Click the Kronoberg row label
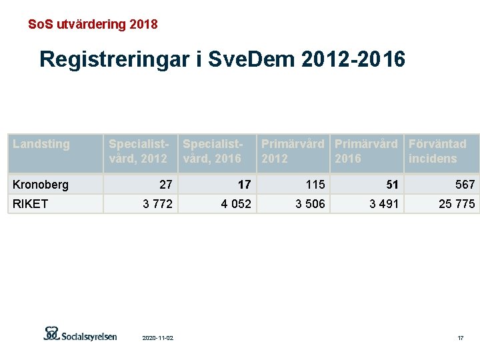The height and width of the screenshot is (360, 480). tap(40, 185)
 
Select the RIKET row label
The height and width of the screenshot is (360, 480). tap(31, 204)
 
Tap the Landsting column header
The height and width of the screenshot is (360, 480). tap(41, 144)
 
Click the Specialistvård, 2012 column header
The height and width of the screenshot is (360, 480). tap(138, 151)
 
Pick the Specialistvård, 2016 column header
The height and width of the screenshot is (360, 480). tap(212, 151)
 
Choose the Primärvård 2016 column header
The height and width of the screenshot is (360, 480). tap(365, 151)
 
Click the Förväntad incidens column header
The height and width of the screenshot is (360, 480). tap(437, 151)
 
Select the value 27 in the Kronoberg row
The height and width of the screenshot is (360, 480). tap(165, 185)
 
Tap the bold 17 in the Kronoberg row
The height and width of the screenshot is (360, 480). tap(244, 185)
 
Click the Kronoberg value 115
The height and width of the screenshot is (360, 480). tap(315, 185)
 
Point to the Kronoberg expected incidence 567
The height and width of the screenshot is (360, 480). tap(465, 185)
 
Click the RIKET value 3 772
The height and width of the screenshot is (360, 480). tap(157, 204)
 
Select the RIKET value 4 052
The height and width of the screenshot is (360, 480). tap(236, 204)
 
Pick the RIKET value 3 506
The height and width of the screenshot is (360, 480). tap(310, 204)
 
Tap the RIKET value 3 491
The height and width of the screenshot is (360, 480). tap(383, 204)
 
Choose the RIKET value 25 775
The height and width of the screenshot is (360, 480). tap(457, 204)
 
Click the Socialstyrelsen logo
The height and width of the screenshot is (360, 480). tap(80, 334)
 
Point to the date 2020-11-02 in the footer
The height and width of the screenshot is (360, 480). tap(158, 339)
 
